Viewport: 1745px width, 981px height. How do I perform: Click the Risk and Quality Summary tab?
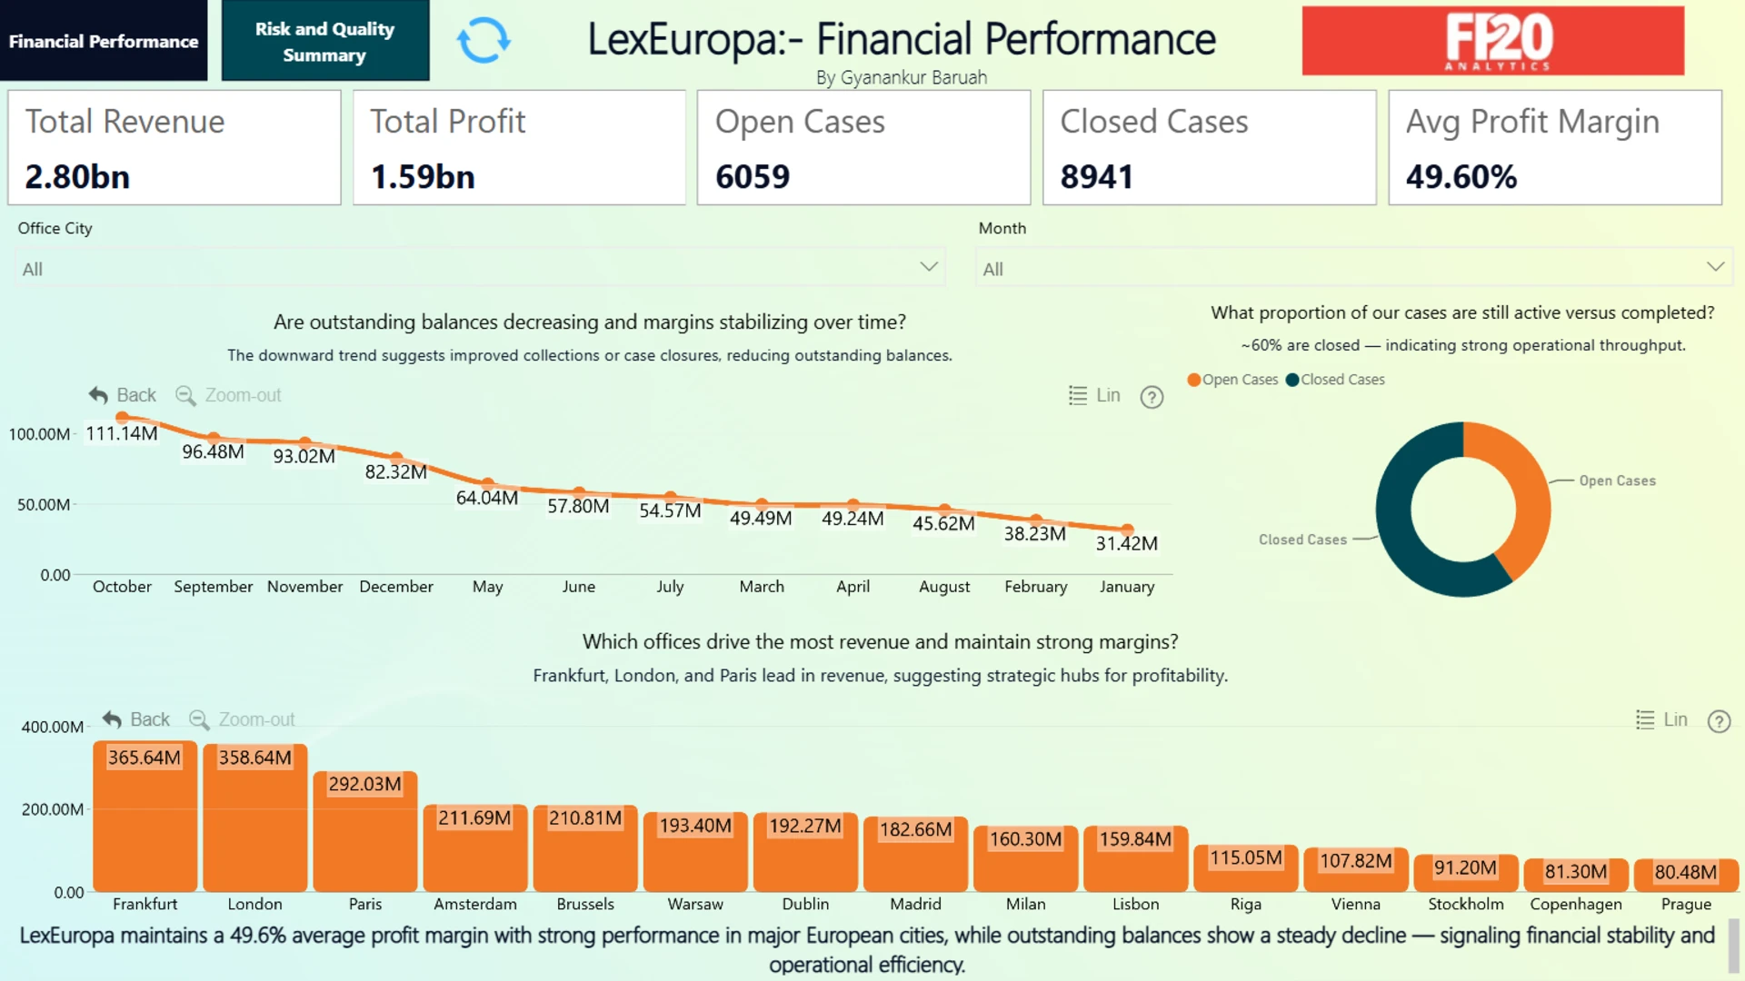click(324, 41)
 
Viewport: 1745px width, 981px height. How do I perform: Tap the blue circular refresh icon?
click(484, 41)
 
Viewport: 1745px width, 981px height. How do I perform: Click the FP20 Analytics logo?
click(1492, 41)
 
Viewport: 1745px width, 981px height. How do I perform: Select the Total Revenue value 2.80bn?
click(77, 177)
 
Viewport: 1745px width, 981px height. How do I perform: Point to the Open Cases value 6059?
click(753, 177)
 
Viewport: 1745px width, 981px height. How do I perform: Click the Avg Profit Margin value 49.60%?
click(1461, 177)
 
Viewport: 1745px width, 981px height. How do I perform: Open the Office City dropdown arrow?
click(928, 267)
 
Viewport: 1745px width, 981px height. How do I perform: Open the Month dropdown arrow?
click(1715, 267)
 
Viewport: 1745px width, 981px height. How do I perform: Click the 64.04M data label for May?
click(487, 498)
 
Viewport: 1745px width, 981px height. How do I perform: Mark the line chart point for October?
click(122, 418)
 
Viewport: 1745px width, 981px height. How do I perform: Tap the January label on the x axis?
click(1127, 587)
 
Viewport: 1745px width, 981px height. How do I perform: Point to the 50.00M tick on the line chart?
click(44, 505)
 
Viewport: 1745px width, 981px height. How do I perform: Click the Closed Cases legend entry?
click(1335, 380)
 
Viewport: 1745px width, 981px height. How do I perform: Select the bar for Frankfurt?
click(145, 817)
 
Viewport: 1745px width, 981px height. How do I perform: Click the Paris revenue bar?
click(365, 831)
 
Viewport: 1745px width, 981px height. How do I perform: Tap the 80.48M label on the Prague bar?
click(1686, 872)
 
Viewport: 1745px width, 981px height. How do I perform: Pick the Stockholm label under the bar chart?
click(1466, 905)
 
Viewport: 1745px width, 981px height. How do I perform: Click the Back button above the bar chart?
click(136, 719)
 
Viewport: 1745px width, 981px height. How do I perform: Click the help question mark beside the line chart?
click(1152, 397)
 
